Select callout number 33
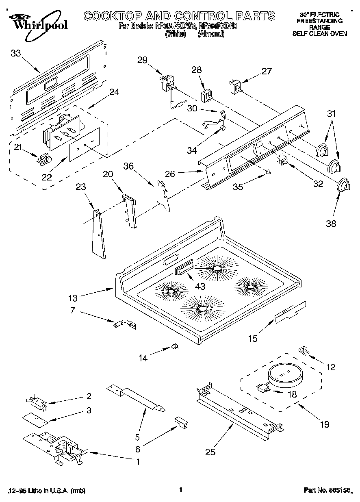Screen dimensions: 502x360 (x=16, y=53)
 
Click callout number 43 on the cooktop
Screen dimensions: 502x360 (x=200, y=286)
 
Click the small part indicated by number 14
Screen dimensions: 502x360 (x=175, y=346)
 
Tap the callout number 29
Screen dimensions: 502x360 (x=142, y=61)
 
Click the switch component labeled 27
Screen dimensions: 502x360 (x=235, y=87)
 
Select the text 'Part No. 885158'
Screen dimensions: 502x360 (x=327, y=491)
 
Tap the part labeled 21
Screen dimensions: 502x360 (x=44, y=159)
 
